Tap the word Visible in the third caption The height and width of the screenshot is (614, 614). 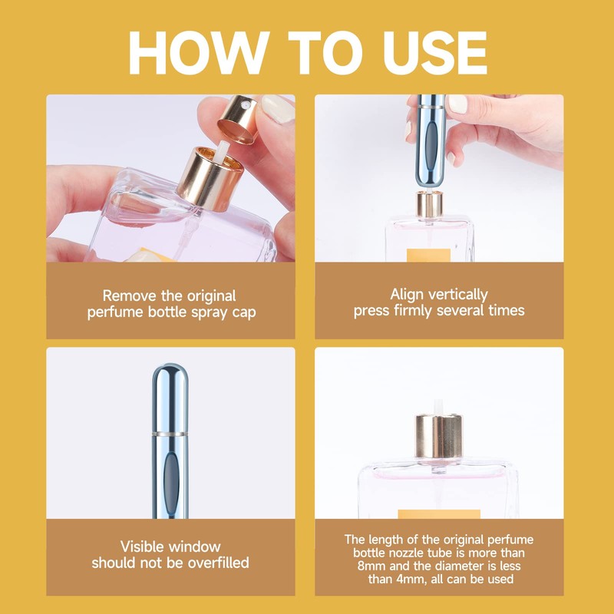pyautogui.click(x=148, y=546)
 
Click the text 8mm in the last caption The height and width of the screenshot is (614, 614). pyautogui.click(x=367, y=566)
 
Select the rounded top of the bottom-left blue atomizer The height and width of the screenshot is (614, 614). pyautogui.click(x=169, y=384)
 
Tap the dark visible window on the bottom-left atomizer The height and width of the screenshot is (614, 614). pyautogui.click(x=170, y=480)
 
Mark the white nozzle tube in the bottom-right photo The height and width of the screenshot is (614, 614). pyautogui.click(x=439, y=405)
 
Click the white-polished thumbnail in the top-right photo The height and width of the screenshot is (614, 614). pyautogui.click(x=457, y=104)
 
